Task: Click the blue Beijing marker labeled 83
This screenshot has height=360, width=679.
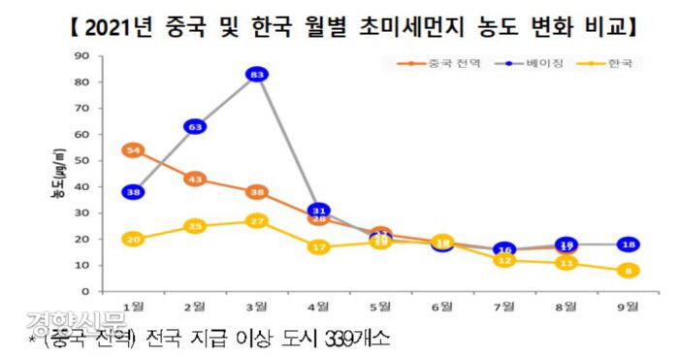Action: point(258,74)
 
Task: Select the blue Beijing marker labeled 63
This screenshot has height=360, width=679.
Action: point(196,126)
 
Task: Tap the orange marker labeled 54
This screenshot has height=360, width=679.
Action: point(134,149)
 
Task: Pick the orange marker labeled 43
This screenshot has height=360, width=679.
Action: point(196,179)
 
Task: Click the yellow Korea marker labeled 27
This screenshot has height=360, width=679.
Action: point(258,220)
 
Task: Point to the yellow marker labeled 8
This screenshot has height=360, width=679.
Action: point(629,271)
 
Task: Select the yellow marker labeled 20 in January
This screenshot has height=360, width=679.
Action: point(134,239)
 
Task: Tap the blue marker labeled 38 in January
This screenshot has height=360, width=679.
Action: point(134,192)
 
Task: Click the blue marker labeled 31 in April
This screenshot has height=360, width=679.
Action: point(320,211)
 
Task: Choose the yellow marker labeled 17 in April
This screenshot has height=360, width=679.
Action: point(320,246)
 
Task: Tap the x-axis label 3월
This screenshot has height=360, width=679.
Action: point(258,307)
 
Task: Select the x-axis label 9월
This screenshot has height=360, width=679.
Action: point(629,307)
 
